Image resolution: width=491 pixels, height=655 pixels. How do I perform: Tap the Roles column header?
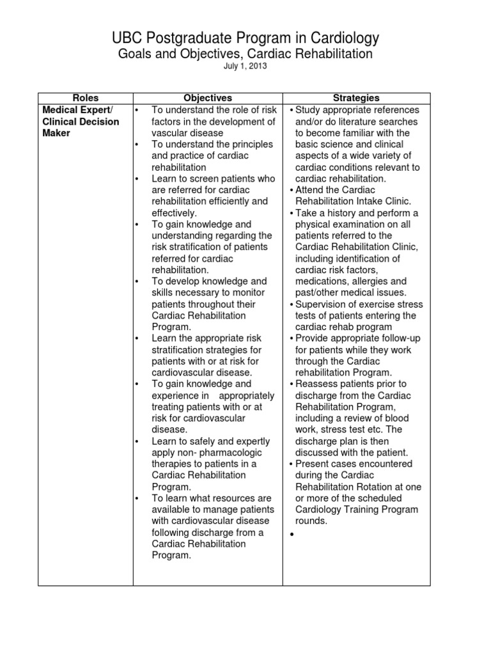click(x=86, y=98)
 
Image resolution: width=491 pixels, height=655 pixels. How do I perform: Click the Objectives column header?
click(x=208, y=98)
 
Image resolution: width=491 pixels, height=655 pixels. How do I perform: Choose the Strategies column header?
click(x=356, y=98)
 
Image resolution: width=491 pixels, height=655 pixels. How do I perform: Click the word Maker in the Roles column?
click(x=56, y=133)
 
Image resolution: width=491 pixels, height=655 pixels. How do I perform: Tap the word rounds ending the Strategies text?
click(x=311, y=521)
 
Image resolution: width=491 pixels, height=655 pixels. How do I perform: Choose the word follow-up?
click(x=407, y=338)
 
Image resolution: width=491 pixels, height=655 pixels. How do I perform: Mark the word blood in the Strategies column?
click(x=396, y=418)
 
